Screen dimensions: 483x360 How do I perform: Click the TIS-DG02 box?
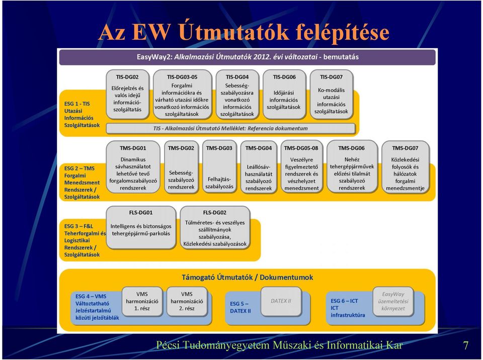pos(127,95)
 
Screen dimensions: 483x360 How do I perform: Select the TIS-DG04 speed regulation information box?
pos(237,95)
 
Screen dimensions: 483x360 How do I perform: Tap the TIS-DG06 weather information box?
pos(284,95)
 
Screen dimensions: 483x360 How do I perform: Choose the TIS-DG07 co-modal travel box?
pos(332,95)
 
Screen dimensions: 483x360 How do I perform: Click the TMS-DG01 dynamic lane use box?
pos(133,167)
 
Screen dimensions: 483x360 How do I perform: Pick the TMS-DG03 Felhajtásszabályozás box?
pos(219,167)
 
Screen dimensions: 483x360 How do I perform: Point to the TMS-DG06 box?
pos(352,167)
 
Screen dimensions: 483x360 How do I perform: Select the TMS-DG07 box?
pos(406,167)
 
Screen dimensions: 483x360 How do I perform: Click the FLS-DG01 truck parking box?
pos(141,227)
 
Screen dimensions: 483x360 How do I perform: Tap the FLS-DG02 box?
pos(215,227)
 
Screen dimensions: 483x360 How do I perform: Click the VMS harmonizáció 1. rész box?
pos(142,302)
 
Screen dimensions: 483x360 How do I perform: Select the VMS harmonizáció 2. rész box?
pos(187,302)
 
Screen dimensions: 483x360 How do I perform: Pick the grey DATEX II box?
pos(281,302)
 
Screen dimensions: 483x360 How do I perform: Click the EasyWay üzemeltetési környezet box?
pos(393,302)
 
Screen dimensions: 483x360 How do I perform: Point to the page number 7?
pos(466,345)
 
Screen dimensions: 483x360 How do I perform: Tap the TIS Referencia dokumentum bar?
pos(230,128)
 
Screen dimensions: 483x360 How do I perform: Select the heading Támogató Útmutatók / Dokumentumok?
pos(248,277)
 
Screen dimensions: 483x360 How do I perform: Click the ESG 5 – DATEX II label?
pos(240,307)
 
